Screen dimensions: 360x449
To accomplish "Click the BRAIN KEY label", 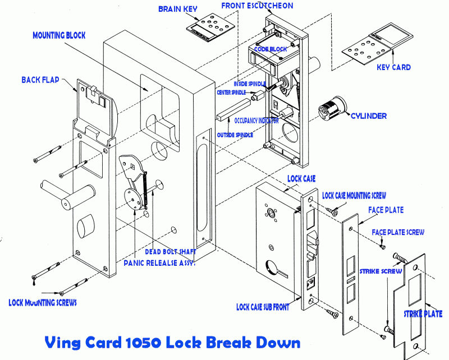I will tap(177, 9).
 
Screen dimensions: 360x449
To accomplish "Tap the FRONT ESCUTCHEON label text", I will tap(257, 6).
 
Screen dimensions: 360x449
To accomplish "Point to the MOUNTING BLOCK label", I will tap(59, 35).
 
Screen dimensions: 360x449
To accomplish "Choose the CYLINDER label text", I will tap(368, 116).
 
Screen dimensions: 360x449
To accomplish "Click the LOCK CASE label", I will tap(301, 178).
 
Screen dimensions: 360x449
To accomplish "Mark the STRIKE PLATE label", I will tap(423, 314).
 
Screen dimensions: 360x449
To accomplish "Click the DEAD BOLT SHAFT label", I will tap(170, 252).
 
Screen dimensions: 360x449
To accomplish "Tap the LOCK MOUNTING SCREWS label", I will tap(43, 302).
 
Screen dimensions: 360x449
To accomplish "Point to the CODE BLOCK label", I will tap(271, 49).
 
